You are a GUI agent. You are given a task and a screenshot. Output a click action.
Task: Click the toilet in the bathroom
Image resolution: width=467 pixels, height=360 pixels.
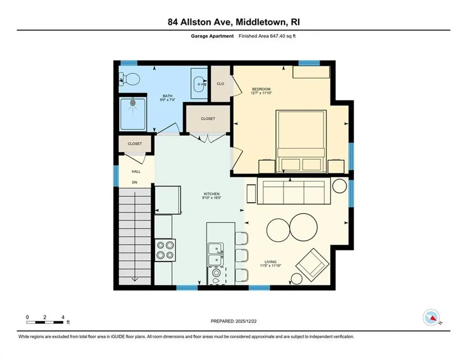pyautogui.click(x=130, y=79)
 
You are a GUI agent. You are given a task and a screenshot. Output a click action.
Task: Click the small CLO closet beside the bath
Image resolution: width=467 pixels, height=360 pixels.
pyautogui.click(x=220, y=84)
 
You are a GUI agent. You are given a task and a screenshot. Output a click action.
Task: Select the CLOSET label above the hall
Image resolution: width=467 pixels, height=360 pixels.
pyautogui.click(x=135, y=144)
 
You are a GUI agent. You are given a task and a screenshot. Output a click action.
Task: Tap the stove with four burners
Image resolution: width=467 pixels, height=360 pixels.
pyautogui.click(x=164, y=250)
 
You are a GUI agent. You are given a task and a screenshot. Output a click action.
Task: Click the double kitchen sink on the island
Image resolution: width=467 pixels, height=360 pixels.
pyautogui.click(x=214, y=254)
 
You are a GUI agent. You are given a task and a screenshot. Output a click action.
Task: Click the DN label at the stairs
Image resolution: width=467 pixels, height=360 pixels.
pyautogui.click(x=135, y=183)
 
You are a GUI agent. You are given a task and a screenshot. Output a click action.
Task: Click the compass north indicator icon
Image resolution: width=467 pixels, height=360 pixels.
pyautogui.click(x=431, y=316)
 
